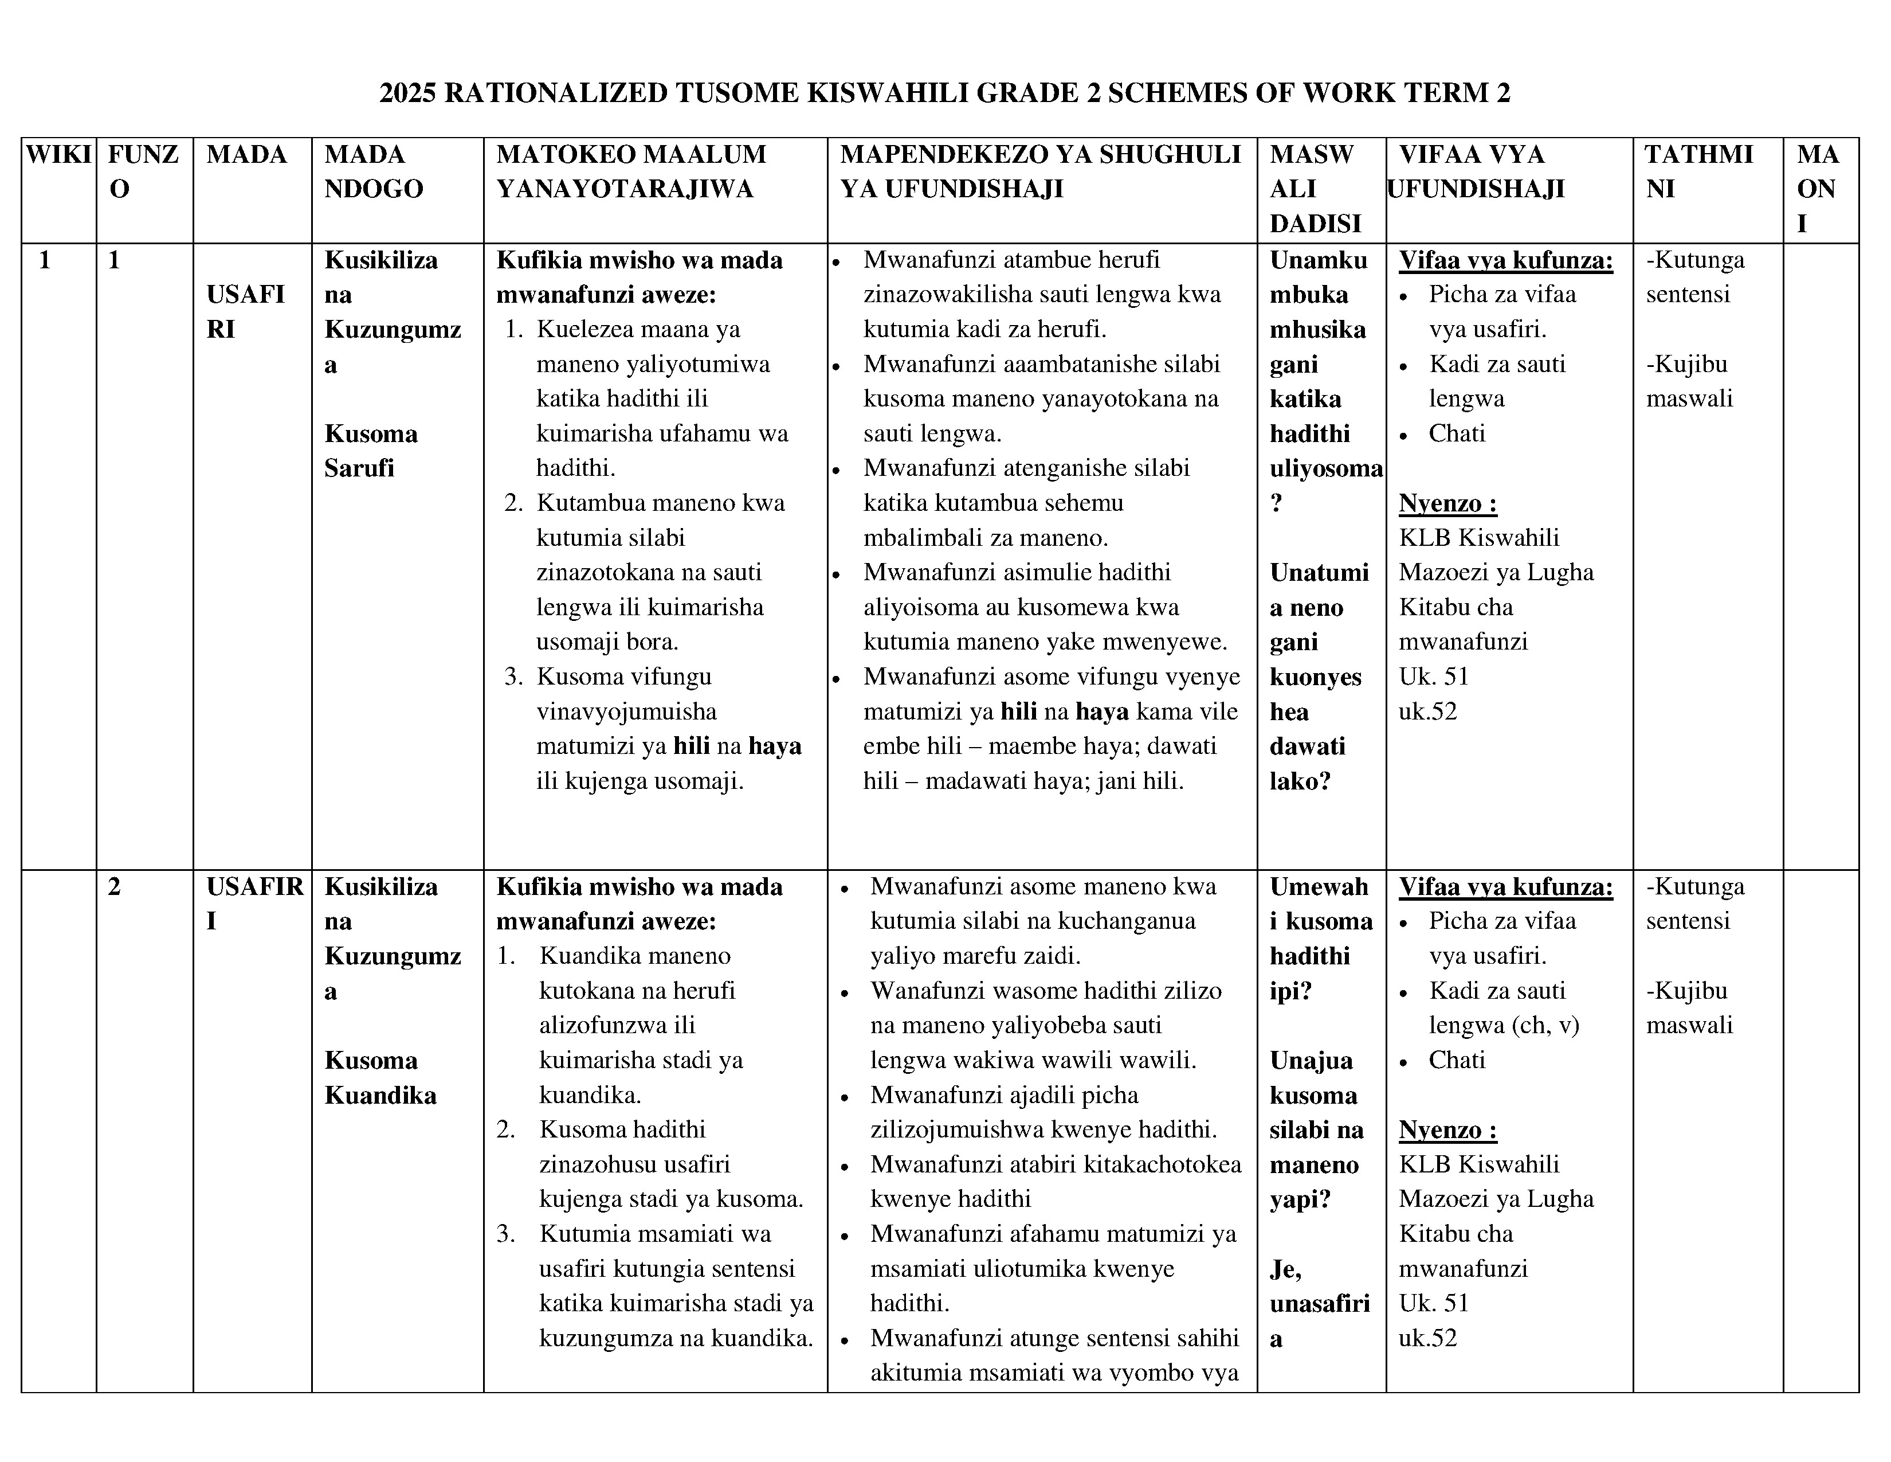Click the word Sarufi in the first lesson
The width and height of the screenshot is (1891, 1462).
359,468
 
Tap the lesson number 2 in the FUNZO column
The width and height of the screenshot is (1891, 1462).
114,887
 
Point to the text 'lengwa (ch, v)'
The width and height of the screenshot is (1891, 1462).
1503,1026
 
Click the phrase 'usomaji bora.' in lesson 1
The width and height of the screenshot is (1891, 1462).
606,642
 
